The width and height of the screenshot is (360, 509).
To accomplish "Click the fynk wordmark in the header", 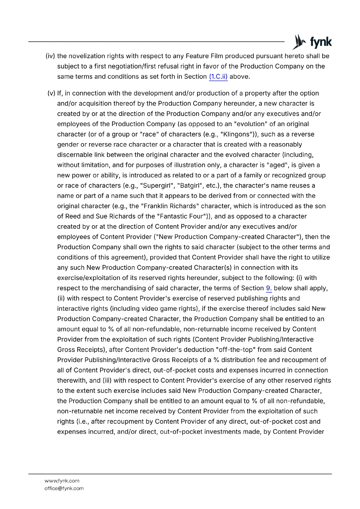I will tap(321, 42).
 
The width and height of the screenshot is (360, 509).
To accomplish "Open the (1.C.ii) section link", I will tap(218, 77).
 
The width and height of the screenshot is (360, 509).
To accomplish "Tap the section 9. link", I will tap(269, 288).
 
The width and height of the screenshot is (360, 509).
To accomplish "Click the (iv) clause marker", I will tap(50, 56).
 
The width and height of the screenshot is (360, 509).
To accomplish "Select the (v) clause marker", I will tap(51, 94).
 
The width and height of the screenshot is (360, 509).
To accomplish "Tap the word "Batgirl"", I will tap(190, 185).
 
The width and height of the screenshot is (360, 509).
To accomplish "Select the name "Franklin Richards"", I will tap(169, 206).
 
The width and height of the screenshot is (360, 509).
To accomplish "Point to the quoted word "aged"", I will tap(277, 165).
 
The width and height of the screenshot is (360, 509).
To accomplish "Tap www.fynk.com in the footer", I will tap(62, 481).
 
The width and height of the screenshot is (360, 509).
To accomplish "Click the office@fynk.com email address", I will tap(64, 488).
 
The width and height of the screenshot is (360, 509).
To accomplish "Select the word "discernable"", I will tap(75, 155).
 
